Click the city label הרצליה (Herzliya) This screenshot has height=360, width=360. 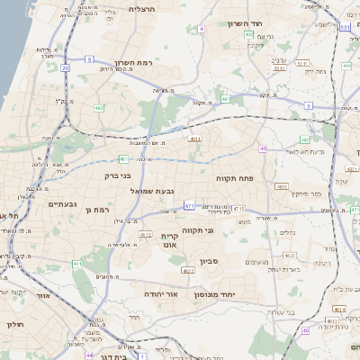143,8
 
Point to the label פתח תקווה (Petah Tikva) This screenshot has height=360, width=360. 237,178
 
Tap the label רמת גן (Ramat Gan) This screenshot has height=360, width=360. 94,210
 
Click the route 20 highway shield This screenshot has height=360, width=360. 65,67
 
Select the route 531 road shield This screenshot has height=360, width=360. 346,28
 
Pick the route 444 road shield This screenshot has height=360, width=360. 347,66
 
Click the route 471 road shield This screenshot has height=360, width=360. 189,206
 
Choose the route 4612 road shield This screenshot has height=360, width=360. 145,236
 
